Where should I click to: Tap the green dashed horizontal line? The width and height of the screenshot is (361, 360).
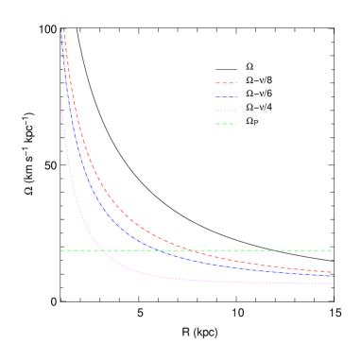[236, 250]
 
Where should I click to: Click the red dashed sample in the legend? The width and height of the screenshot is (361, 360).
[226, 83]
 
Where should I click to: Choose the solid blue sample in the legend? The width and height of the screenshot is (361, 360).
[226, 96]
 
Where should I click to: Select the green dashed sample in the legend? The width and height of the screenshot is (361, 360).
[226, 123]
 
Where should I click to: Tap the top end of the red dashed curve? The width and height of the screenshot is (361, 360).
[64, 29]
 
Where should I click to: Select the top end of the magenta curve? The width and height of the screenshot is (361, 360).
[61, 99]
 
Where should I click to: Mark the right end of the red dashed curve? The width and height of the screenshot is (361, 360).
[332, 272]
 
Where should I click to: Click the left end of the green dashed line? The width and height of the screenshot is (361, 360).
[61, 250]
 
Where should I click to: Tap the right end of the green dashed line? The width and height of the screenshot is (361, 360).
[332, 250]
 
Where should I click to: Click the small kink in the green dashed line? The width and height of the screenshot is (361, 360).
[274, 249]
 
